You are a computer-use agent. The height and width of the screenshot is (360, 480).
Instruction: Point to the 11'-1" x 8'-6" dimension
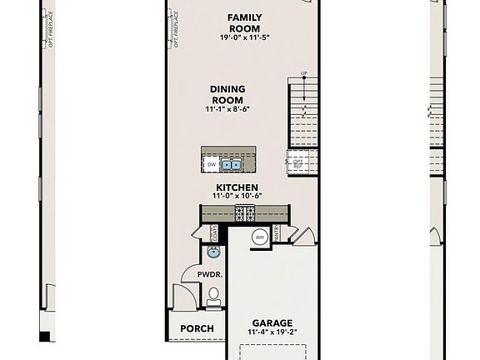tap(227, 109)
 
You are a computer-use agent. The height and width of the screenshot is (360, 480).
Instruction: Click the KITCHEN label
tap(237, 187)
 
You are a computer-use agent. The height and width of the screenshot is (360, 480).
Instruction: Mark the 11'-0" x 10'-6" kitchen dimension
tap(237, 197)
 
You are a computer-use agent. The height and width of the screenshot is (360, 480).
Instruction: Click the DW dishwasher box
tap(212, 164)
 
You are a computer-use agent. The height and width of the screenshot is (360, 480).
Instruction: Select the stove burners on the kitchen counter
tap(246, 213)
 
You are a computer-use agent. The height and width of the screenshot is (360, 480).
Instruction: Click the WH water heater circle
tap(259, 237)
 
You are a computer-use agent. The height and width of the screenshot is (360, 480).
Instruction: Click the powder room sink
tap(212, 252)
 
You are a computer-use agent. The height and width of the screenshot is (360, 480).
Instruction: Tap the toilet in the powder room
tap(213, 293)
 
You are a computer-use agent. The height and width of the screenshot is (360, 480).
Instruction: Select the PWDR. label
tap(208, 274)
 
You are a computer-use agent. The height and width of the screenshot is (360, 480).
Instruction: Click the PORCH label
tap(197, 329)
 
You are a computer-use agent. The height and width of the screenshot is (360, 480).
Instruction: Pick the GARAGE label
tap(272, 323)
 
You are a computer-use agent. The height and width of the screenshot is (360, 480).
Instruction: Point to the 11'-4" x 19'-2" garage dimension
tap(272, 332)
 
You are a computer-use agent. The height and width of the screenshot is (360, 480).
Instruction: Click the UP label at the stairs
tap(303, 74)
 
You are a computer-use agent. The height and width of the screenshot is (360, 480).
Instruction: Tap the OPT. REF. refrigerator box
tap(297, 163)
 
